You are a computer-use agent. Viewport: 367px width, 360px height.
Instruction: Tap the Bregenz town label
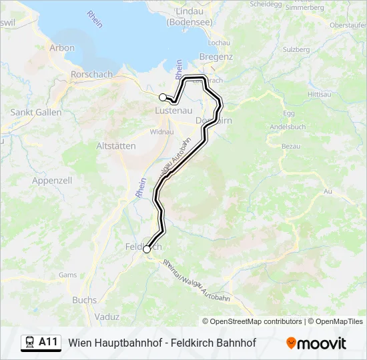point(216,57)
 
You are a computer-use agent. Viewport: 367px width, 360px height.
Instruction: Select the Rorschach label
point(91,75)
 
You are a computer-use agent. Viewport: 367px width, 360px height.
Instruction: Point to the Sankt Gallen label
point(36,112)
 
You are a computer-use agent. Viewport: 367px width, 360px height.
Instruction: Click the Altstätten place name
point(116,146)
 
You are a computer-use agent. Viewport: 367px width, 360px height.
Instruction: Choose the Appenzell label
point(52,181)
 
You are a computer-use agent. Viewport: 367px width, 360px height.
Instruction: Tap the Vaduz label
point(107,317)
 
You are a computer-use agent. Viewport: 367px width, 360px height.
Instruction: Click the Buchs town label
point(84,300)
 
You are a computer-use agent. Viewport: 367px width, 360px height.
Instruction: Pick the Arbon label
point(62,48)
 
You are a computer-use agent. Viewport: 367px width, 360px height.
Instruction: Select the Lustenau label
point(174,111)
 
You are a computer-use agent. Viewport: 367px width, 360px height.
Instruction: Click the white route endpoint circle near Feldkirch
point(147,249)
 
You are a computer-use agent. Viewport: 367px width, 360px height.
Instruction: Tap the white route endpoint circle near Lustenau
point(163,97)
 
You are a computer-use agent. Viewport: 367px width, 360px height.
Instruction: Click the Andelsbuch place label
point(288,127)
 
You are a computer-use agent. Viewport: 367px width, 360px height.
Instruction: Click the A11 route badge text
point(48,342)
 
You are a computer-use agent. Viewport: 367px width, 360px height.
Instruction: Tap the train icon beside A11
point(30,343)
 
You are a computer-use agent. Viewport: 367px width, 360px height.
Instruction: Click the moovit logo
point(316,343)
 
